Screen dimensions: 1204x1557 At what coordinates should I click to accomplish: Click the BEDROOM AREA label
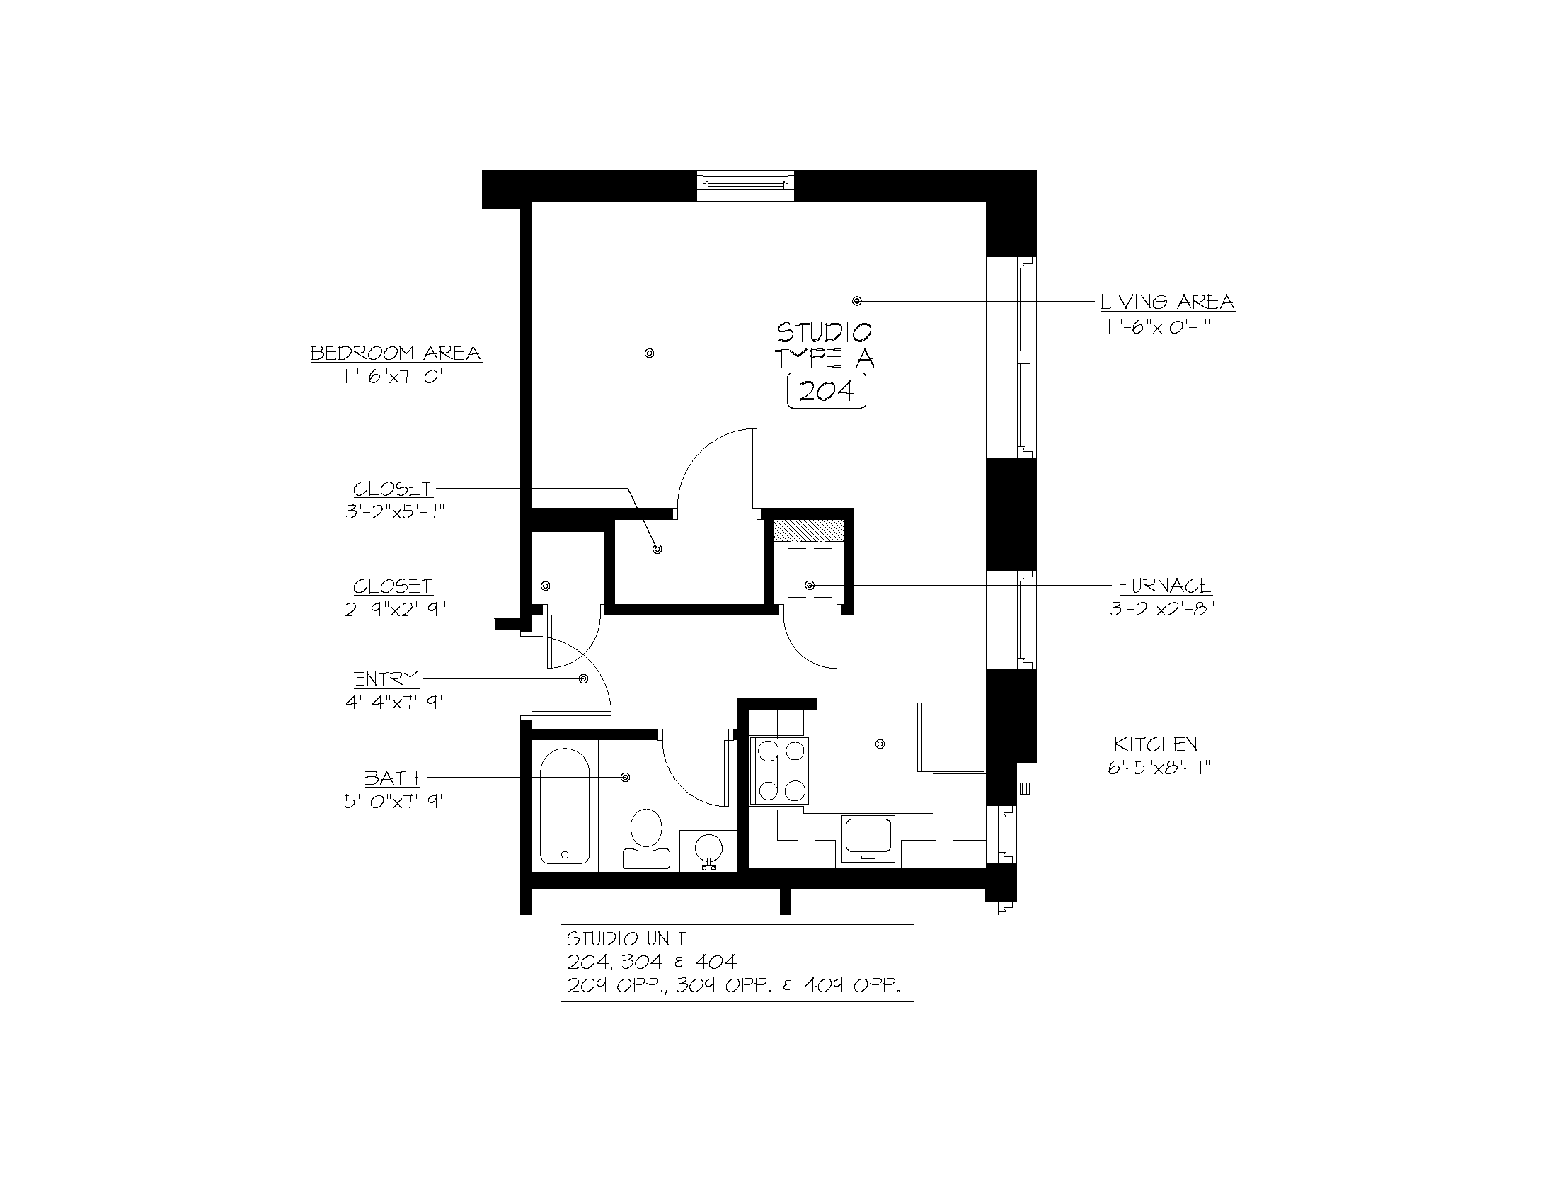pyautogui.click(x=396, y=353)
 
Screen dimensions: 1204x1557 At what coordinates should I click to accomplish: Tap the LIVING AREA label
pyautogui.click(x=1167, y=302)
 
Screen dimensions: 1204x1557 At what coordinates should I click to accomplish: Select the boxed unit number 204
pyautogui.click(x=826, y=392)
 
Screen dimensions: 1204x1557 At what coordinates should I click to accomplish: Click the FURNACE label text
pyautogui.click(x=1166, y=586)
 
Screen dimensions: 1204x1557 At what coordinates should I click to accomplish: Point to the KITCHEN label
pyautogui.click(x=1156, y=744)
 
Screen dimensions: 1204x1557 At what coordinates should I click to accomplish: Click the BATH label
pyautogui.click(x=391, y=778)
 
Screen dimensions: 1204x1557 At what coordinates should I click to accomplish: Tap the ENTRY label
pyautogui.click(x=385, y=678)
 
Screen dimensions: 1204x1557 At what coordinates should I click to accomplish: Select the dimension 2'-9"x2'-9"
pyautogui.click(x=395, y=609)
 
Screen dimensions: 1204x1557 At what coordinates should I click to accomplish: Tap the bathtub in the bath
pyautogui.click(x=564, y=806)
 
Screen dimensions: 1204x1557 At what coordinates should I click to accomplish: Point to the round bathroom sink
pyautogui.click(x=708, y=848)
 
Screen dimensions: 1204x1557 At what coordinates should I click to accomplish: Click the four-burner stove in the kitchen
pyautogui.click(x=779, y=771)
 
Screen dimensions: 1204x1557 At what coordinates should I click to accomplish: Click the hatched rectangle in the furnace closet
pyautogui.click(x=809, y=530)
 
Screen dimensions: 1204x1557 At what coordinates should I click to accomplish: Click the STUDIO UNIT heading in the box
pyautogui.click(x=626, y=938)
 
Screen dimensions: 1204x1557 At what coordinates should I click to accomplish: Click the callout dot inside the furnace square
pyautogui.click(x=810, y=585)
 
